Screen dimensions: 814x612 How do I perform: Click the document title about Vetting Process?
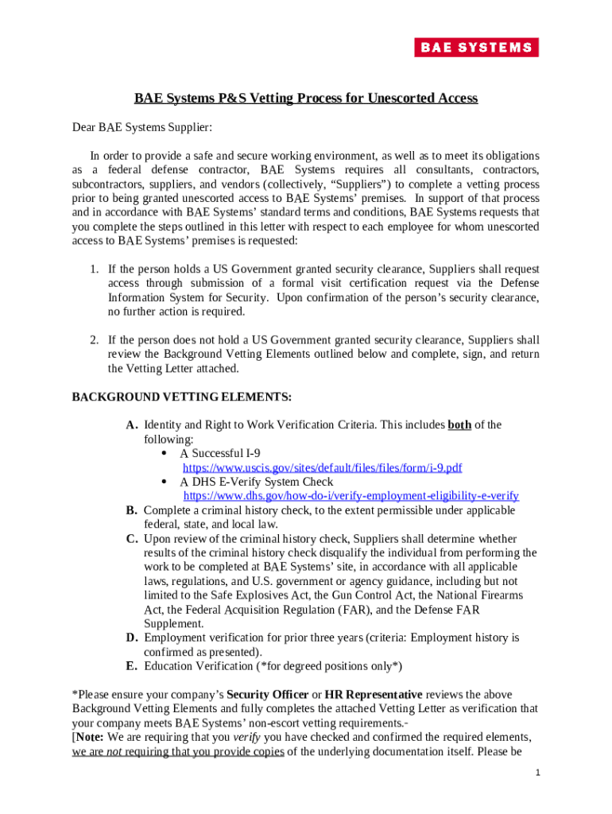tap(305, 99)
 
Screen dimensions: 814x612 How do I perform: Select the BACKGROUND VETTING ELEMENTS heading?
tap(182, 396)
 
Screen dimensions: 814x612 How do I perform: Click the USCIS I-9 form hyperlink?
tap(323, 467)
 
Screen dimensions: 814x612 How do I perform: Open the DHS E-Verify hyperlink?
tap(351, 496)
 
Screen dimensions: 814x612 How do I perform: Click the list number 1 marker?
tap(94, 269)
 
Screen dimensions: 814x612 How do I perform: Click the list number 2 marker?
tap(94, 340)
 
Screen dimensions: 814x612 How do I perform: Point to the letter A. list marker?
tap(133, 425)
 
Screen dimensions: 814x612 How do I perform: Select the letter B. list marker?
tap(133, 510)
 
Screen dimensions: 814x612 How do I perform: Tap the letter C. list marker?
tap(133, 539)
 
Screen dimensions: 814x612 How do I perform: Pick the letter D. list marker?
tap(133, 638)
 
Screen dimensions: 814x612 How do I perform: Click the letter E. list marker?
tap(133, 666)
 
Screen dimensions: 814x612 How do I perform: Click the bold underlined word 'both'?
tap(459, 424)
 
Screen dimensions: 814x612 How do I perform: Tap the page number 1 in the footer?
tap(538, 773)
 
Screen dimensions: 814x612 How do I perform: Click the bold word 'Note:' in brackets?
tap(90, 738)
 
